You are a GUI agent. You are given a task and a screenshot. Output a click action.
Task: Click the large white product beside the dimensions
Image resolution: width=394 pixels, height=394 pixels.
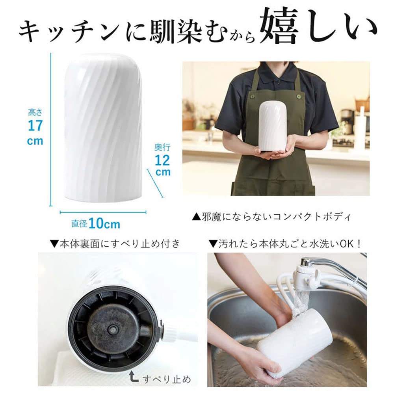pos(103,128)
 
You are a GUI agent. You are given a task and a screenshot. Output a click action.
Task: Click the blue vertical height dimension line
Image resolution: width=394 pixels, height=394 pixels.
pos(50,130)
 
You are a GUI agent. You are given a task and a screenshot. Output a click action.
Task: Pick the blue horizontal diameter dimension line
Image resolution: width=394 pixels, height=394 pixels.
pos(103,212)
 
